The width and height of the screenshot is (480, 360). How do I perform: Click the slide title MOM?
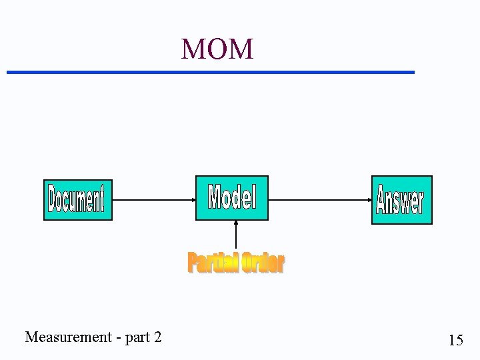tap(217, 49)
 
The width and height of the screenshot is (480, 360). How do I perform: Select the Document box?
tap(78, 199)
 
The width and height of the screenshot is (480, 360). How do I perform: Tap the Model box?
tap(231, 197)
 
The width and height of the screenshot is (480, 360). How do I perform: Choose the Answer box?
tap(401, 199)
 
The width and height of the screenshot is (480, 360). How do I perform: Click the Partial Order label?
tap(235, 263)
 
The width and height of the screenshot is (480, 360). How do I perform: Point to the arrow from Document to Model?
tap(153, 199)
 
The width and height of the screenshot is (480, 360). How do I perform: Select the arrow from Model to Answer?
tap(319, 199)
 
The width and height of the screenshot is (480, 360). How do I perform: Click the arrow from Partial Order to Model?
tap(235, 236)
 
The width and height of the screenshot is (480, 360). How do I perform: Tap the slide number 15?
tap(456, 341)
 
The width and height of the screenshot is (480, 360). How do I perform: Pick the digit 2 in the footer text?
tap(157, 337)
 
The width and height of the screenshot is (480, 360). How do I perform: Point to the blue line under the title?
tap(210, 71)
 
